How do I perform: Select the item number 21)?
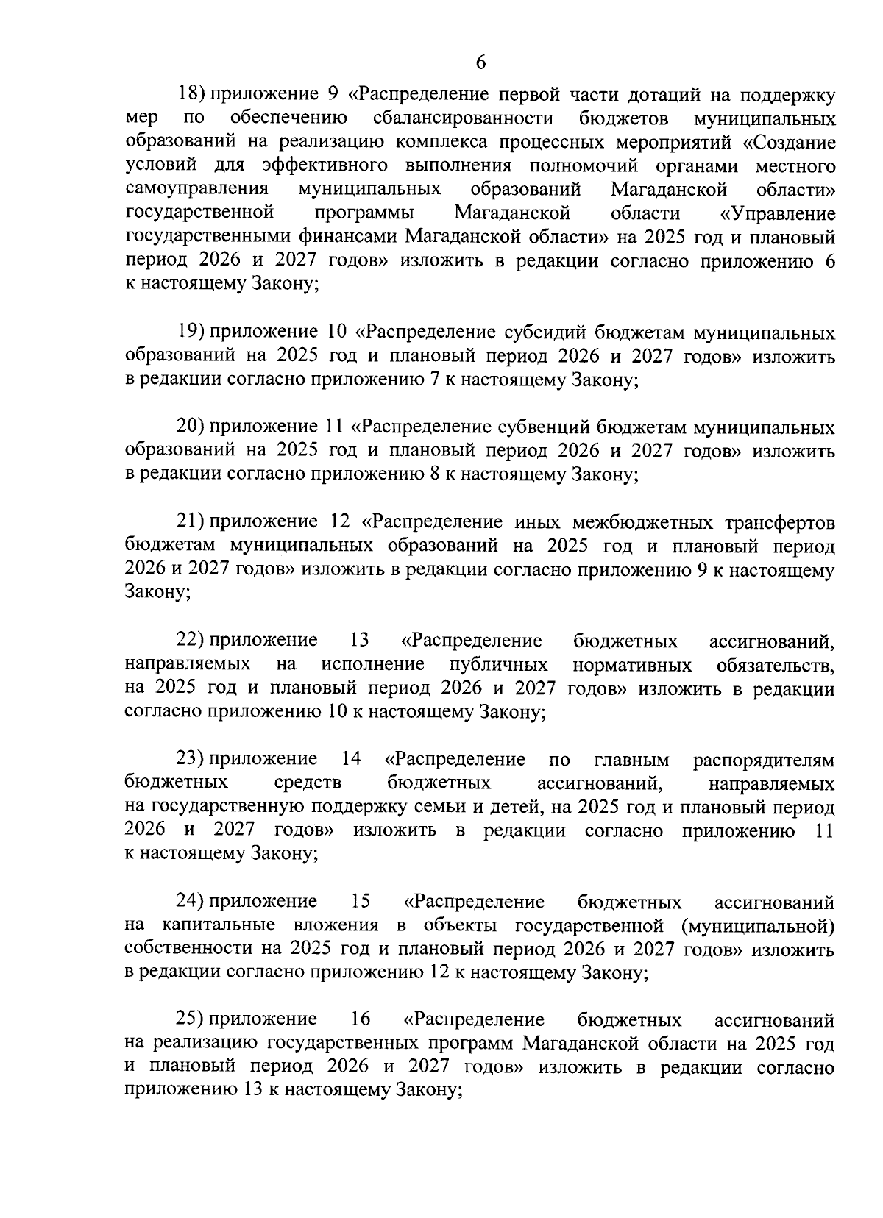tap(191, 522)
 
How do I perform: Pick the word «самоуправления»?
tap(196, 190)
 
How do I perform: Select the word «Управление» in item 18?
tap(779, 214)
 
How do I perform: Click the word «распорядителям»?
tap(764, 759)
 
